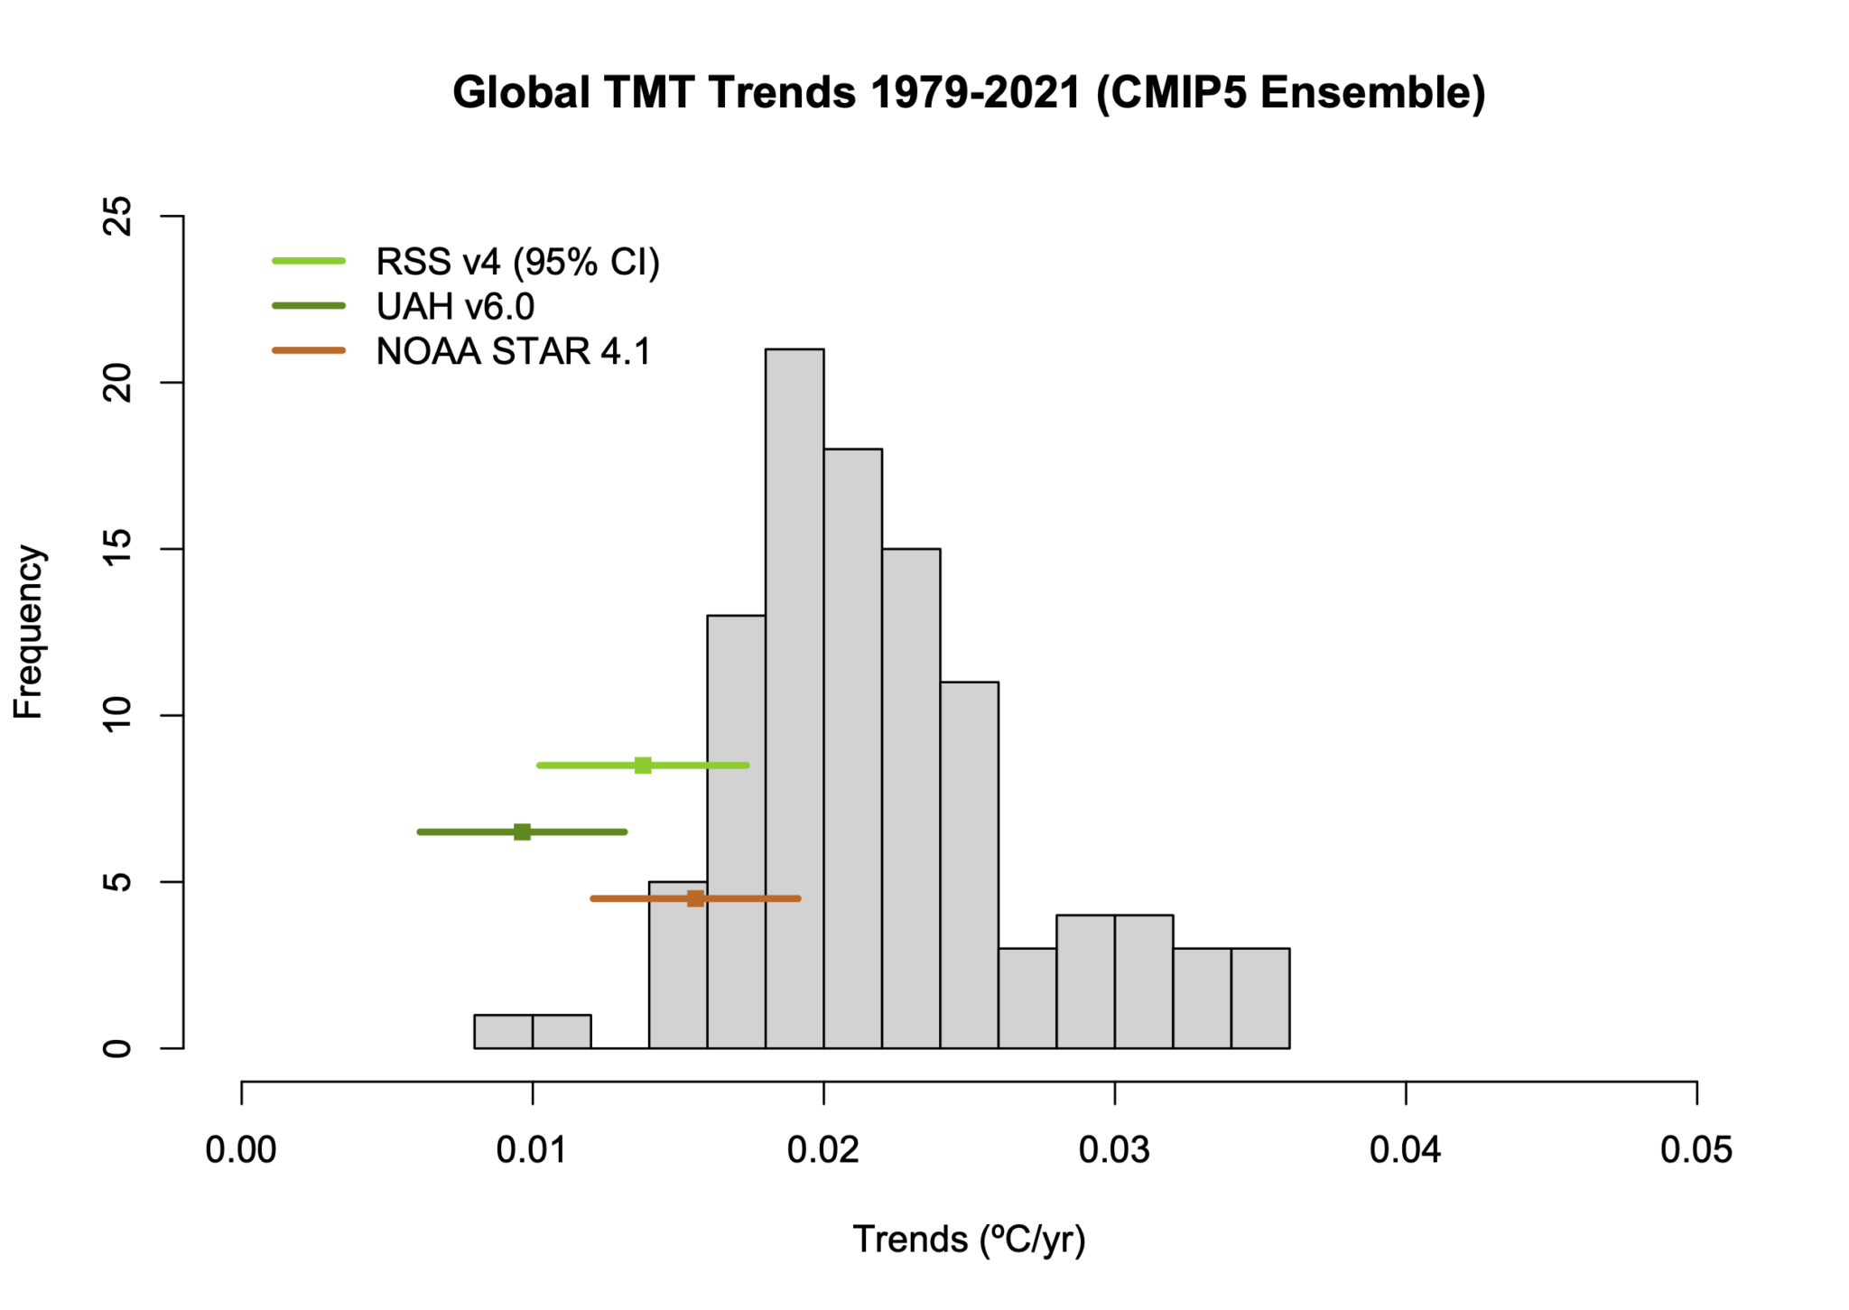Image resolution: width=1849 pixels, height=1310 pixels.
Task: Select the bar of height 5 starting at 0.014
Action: click(x=677, y=975)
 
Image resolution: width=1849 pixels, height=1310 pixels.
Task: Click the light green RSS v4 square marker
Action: click(x=642, y=766)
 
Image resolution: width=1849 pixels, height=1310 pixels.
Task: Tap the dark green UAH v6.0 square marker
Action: click(x=522, y=832)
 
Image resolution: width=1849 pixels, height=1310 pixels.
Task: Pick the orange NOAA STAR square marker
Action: click(x=694, y=898)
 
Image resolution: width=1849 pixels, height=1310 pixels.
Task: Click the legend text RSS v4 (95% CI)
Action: click(x=517, y=262)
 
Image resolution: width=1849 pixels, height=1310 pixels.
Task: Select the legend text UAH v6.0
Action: click(x=455, y=307)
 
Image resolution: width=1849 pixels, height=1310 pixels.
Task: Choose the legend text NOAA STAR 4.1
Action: click(x=513, y=351)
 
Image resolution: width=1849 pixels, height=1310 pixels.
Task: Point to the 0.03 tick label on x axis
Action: click(x=1114, y=1150)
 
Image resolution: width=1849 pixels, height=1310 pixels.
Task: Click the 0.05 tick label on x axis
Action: click(x=1696, y=1150)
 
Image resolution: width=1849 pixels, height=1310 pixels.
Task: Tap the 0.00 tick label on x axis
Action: click(x=241, y=1150)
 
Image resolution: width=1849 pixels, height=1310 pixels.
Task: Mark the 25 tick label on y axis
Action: click(x=118, y=217)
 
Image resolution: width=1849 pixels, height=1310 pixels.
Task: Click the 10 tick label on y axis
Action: click(x=118, y=715)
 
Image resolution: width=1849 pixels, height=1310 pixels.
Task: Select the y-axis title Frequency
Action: click(x=28, y=631)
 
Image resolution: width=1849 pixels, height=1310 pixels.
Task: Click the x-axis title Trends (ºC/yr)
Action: click(x=968, y=1240)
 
